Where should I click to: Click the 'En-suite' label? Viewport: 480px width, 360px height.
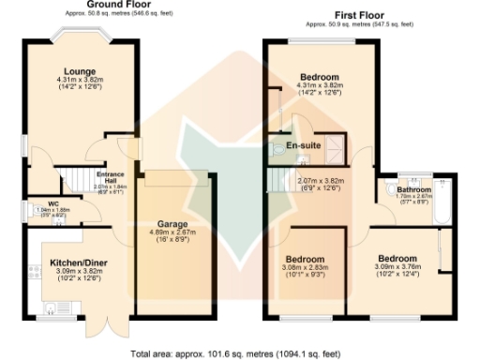(x=304, y=146)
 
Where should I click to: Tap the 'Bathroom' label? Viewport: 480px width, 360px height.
(x=412, y=188)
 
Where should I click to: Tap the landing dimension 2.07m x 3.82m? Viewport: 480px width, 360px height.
(x=320, y=180)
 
